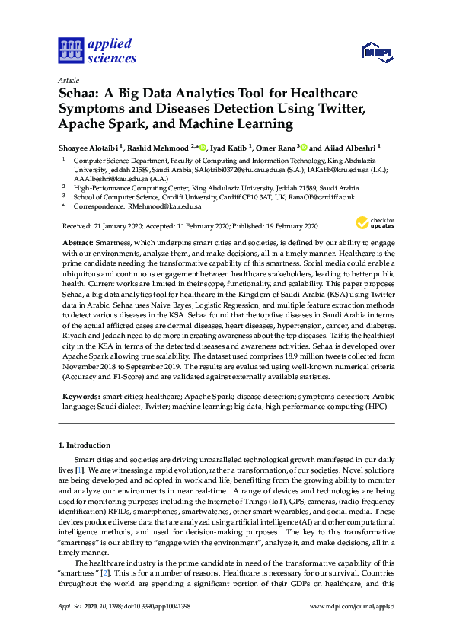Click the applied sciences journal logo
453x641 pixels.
97,52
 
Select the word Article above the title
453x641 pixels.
69,80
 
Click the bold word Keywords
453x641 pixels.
81,397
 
